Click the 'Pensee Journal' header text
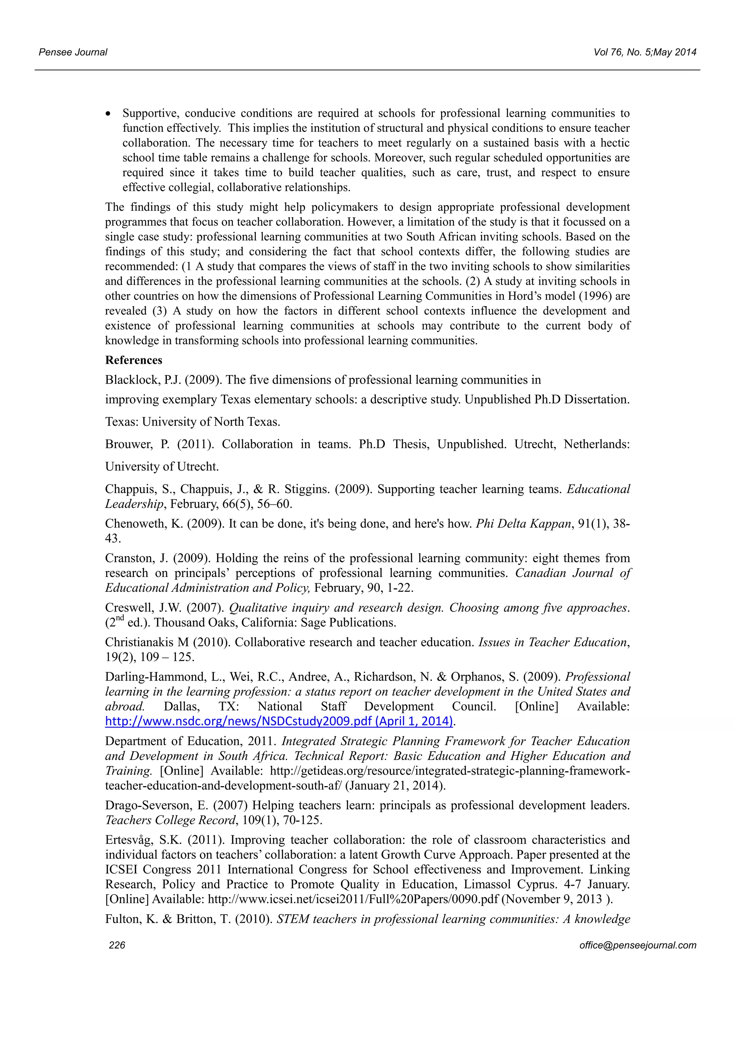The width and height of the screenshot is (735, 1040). [73, 52]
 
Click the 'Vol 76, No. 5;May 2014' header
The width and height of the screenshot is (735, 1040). [645, 52]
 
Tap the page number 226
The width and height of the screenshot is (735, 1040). [117, 945]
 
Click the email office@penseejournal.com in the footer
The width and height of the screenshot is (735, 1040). [637, 945]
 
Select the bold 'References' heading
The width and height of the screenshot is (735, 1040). [134, 360]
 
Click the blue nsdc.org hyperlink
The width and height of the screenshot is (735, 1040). [279, 721]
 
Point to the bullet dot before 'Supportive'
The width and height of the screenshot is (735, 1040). [108, 114]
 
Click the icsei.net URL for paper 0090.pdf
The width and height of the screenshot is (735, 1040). [353, 899]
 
